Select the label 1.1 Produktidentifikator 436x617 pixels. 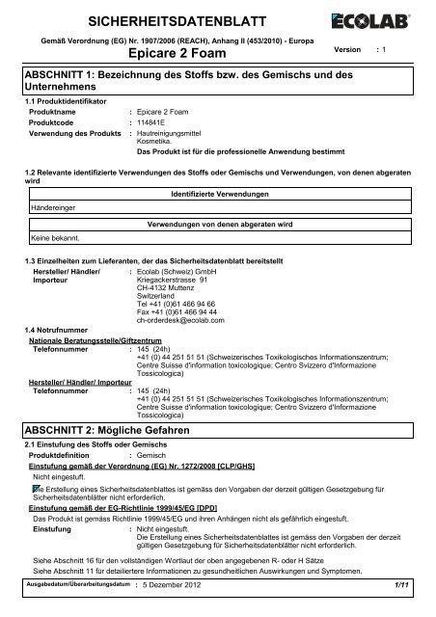click(64, 100)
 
